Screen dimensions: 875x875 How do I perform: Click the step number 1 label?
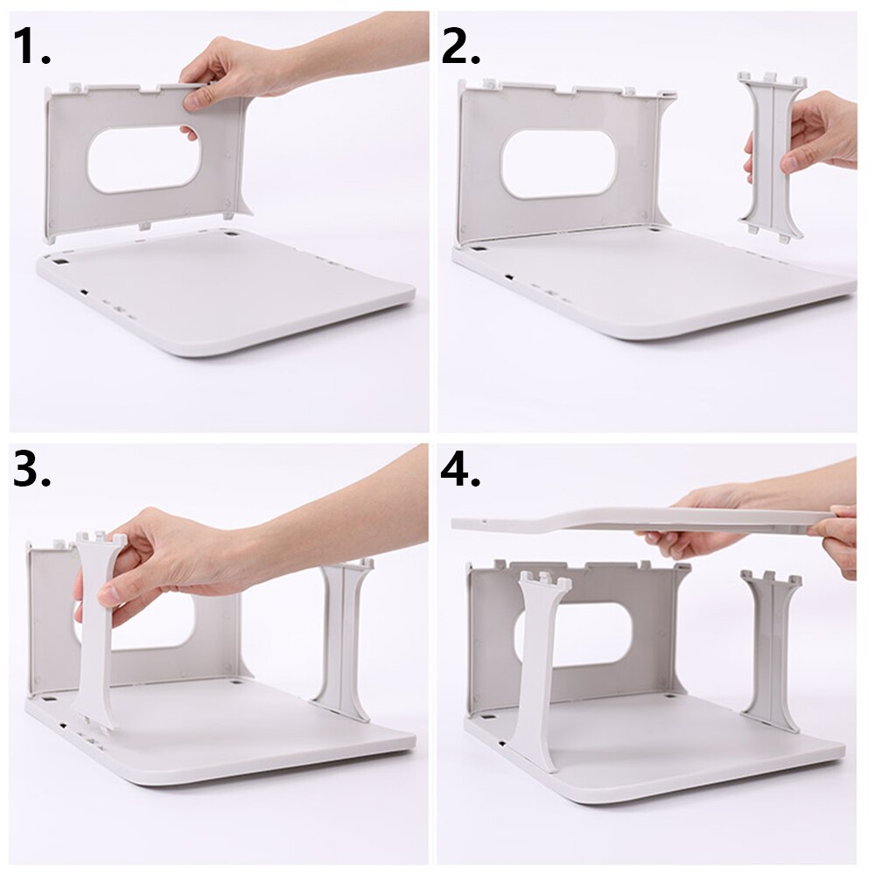click(x=31, y=47)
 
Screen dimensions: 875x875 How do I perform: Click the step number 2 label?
click(x=460, y=47)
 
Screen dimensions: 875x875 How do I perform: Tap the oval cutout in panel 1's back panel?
click(x=143, y=159)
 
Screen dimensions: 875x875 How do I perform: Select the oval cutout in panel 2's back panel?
click(x=558, y=164)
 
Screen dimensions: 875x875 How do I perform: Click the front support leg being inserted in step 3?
click(x=95, y=630)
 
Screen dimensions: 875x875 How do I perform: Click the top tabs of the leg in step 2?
click(x=771, y=80)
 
